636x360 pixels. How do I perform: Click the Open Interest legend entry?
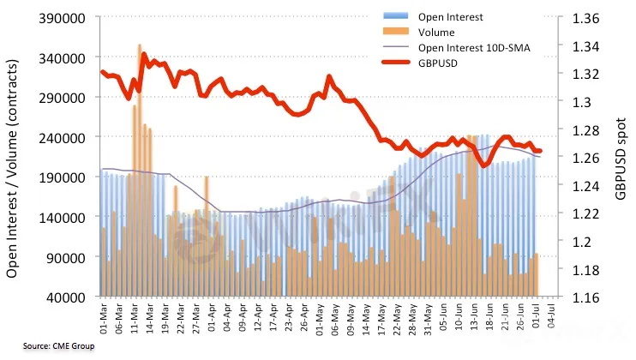451,17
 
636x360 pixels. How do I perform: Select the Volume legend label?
437,33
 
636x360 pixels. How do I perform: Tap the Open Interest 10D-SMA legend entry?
474,48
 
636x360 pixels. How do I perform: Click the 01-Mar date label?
103,319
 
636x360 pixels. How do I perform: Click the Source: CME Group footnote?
57,346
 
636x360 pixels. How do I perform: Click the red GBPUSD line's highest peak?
142,56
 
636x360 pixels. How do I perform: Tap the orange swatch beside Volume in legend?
395,33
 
